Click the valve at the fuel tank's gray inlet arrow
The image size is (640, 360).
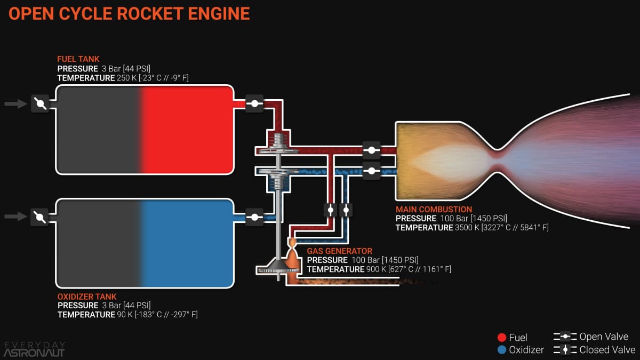(41, 103)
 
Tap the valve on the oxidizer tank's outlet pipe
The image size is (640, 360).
(254, 217)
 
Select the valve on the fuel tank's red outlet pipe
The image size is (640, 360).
(254, 103)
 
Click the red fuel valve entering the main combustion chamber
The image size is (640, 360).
(371, 150)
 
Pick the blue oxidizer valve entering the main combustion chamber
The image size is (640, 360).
(371, 171)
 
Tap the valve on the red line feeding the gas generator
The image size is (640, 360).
(331, 210)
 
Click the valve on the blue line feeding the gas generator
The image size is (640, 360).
(346, 210)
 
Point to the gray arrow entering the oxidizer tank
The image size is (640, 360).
(15, 217)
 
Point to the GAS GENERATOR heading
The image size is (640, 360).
(340, 251)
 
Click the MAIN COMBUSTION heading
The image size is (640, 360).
(434, 209)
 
